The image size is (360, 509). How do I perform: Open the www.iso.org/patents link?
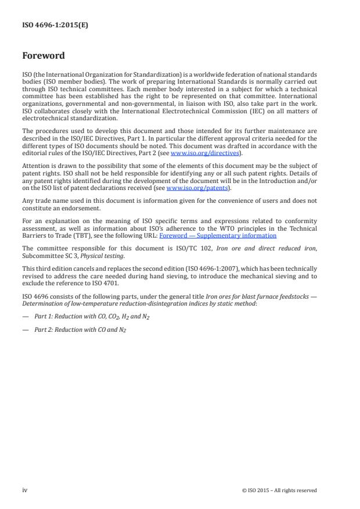click(189, 188)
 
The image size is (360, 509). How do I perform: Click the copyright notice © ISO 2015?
click(279, 490)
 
